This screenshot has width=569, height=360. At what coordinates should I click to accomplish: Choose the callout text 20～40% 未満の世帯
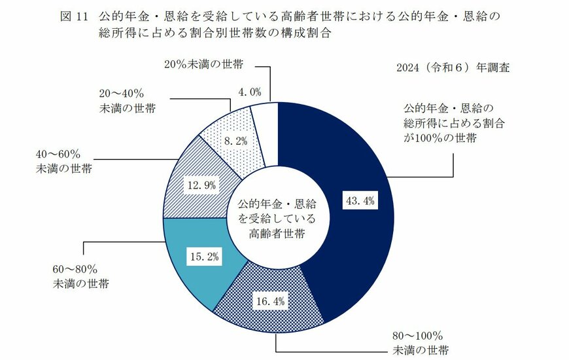(x=128, y=101)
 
